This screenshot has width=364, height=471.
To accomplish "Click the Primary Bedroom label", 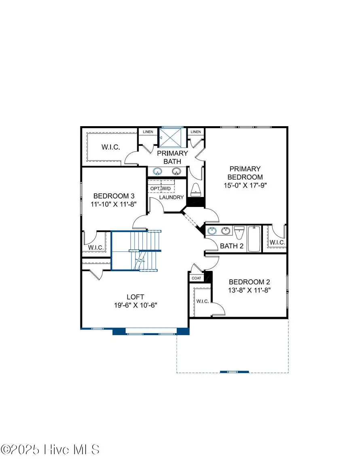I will point(245,173).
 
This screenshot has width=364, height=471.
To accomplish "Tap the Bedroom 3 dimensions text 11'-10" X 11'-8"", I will point(113,204).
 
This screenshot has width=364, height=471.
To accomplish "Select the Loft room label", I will point(135,296).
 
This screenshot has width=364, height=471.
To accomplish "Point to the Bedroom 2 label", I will point(249,282).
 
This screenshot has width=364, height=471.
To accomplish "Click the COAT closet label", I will point(196,278).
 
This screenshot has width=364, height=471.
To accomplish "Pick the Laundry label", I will point(171,197).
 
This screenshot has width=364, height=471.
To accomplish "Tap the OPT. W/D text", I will point(160,189).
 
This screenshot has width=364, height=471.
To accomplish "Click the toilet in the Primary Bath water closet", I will point(196,189).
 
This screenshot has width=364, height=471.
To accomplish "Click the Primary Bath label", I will point(172,157).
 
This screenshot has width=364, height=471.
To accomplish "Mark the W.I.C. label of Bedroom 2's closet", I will point(202,302).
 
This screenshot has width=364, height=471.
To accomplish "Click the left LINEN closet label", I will point(146,132).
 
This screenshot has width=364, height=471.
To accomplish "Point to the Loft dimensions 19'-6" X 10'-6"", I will point(135,306).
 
